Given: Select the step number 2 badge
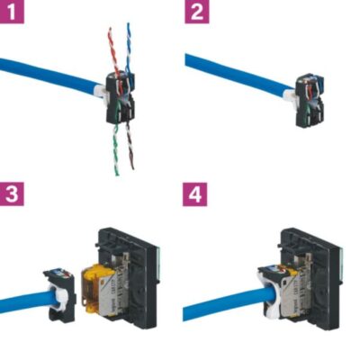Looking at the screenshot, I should (196, 13).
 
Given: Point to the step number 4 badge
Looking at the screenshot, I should (196, 193).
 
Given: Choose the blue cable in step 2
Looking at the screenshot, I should (234, 74).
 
